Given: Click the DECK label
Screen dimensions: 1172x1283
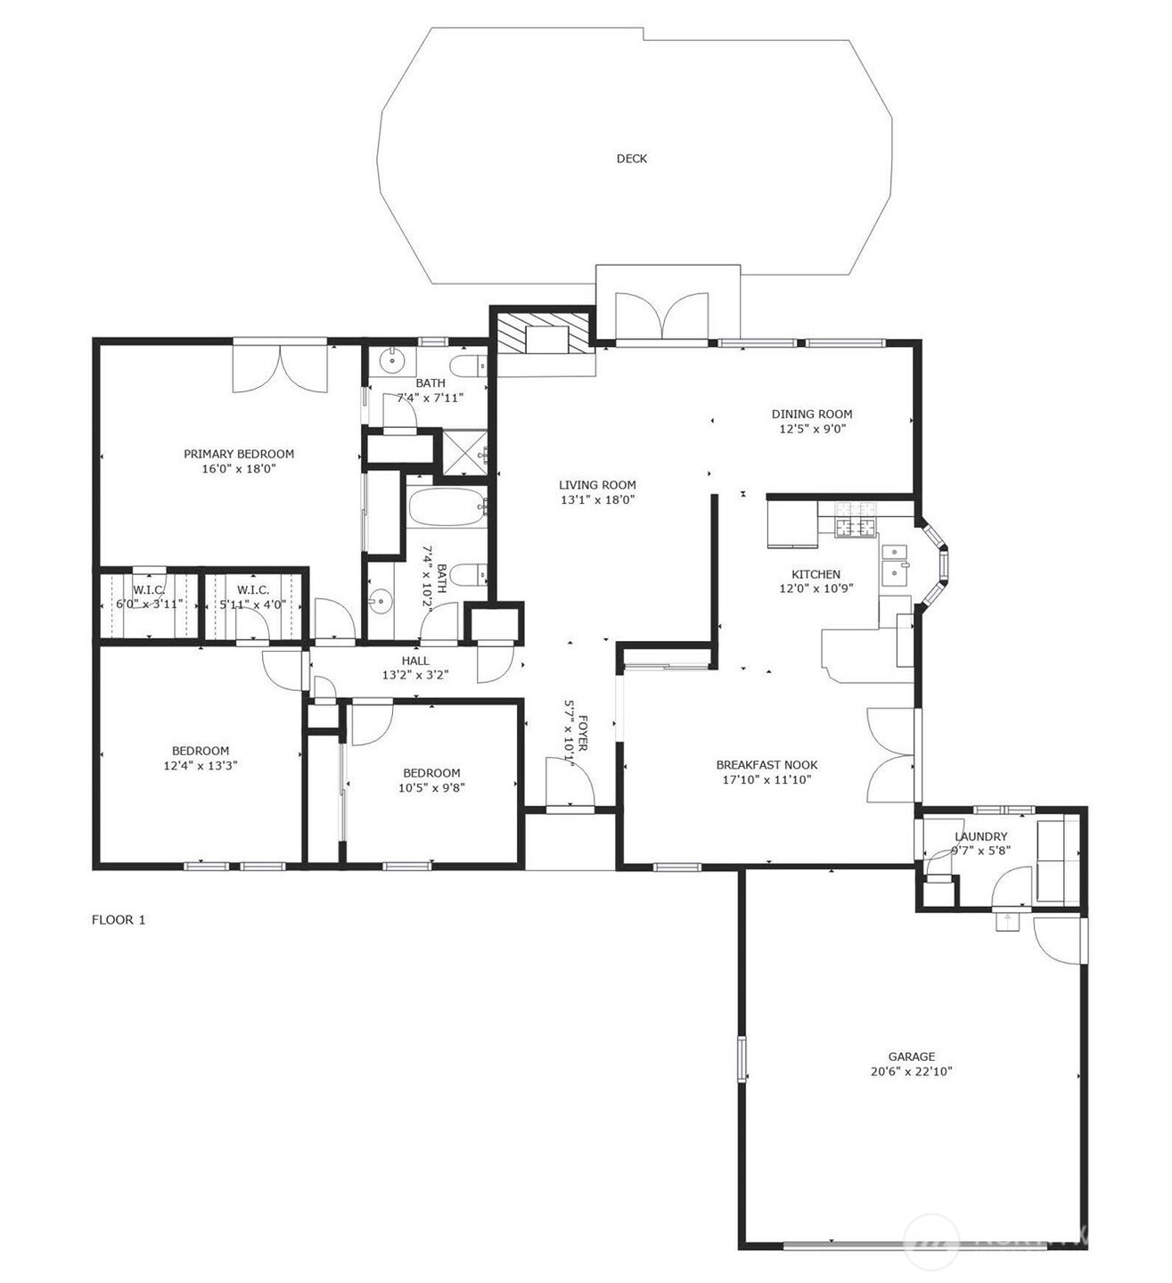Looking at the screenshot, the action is click(x=632, y=159).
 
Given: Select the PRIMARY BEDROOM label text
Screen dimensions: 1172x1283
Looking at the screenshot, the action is click(x=239, y=454).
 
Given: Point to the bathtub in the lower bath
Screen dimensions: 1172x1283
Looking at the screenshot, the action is click(x=447, y=508).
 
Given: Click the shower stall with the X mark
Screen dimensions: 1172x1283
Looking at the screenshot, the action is click(x=465, y=452).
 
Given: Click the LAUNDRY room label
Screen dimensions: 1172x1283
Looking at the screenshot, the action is click(x=980, y=836).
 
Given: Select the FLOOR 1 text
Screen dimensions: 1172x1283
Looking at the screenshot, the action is click(x=119, y=920).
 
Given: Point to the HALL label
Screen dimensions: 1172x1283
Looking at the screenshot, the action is click(x=415, y=661).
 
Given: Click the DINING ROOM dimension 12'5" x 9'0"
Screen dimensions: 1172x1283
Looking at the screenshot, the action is click(x=812, y=429).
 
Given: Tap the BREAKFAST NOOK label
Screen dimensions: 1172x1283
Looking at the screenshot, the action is click(x=766, y=765).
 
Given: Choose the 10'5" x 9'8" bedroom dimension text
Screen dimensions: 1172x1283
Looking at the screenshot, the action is click(x=431, y=788).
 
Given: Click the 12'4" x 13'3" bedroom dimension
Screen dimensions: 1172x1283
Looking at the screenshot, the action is click(x=201, y=766).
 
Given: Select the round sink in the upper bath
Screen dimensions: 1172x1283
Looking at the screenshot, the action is click(x=390, y=361).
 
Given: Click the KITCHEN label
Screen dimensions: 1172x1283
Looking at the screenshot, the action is click(x=815, y=574).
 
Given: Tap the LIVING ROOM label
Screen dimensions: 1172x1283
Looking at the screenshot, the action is click(x=597, y=485).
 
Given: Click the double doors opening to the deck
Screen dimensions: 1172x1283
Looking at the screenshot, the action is click(x=662, y=317).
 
